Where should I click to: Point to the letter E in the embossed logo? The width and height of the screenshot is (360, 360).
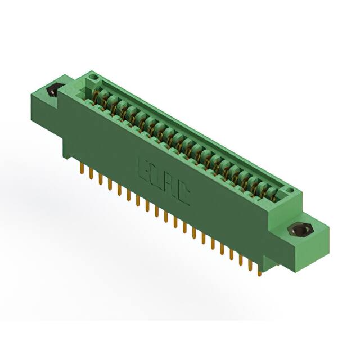point(144,169)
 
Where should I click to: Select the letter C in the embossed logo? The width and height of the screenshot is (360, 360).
point(183,195)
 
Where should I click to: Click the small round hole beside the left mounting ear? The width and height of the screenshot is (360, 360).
point(94,76)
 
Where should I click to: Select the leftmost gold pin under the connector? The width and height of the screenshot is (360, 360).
point(83,170)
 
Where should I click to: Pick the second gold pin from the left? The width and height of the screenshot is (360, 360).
point(92,175)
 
